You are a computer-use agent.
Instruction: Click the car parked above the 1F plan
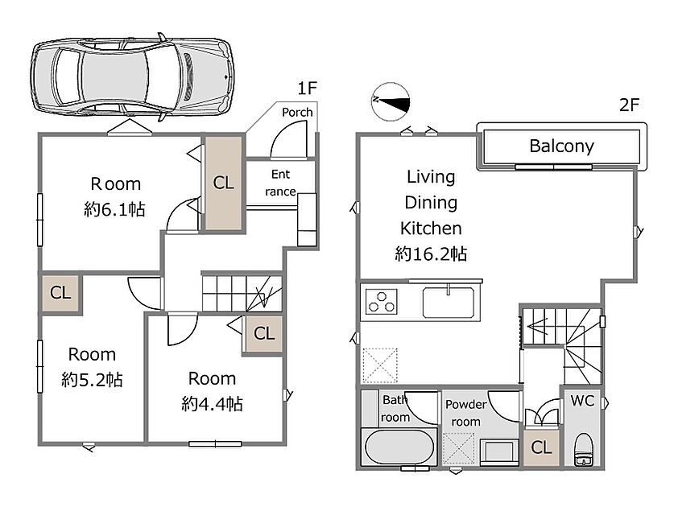click(x=132, y=76)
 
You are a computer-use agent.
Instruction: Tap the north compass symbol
click(x=391, y=102)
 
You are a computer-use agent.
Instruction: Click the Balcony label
click(x=561, y=146)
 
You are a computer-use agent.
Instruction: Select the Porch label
click(x=297, y=112)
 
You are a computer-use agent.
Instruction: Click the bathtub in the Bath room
click(x=399, y=447)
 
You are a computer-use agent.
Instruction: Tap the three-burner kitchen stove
click(x=381, y=301)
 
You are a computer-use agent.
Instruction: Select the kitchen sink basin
click(x=449, y=302)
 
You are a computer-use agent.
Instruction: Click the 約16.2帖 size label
click(x=431, y=254)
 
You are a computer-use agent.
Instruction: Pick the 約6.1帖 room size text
click(x=115, y=209)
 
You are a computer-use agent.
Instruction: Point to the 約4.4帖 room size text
click(x=212, y=403)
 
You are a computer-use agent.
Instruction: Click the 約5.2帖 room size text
click(x=92, y=379)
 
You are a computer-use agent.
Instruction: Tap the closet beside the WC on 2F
click(x=541, y=447)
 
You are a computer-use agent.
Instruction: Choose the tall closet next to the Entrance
click(x=224, y=183)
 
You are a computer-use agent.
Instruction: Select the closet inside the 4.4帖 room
click(x=263, y=333)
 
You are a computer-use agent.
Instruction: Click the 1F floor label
click(x=308, y=88)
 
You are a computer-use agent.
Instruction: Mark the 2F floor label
click(x=629, y=105)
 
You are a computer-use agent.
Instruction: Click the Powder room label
click(x=465, y=413)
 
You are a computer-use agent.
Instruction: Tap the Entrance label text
click(x=280, y=183)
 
